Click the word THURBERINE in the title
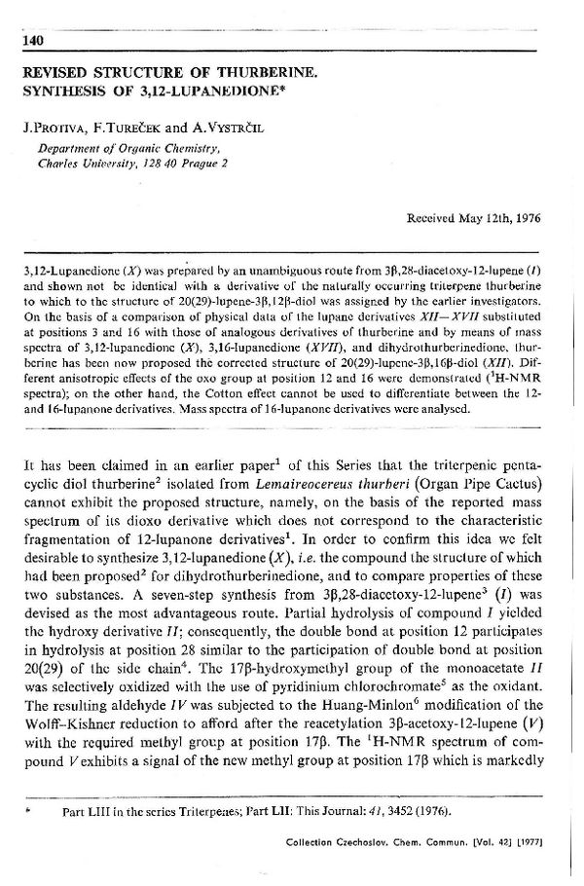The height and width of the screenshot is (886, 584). [x=254, y=73]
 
